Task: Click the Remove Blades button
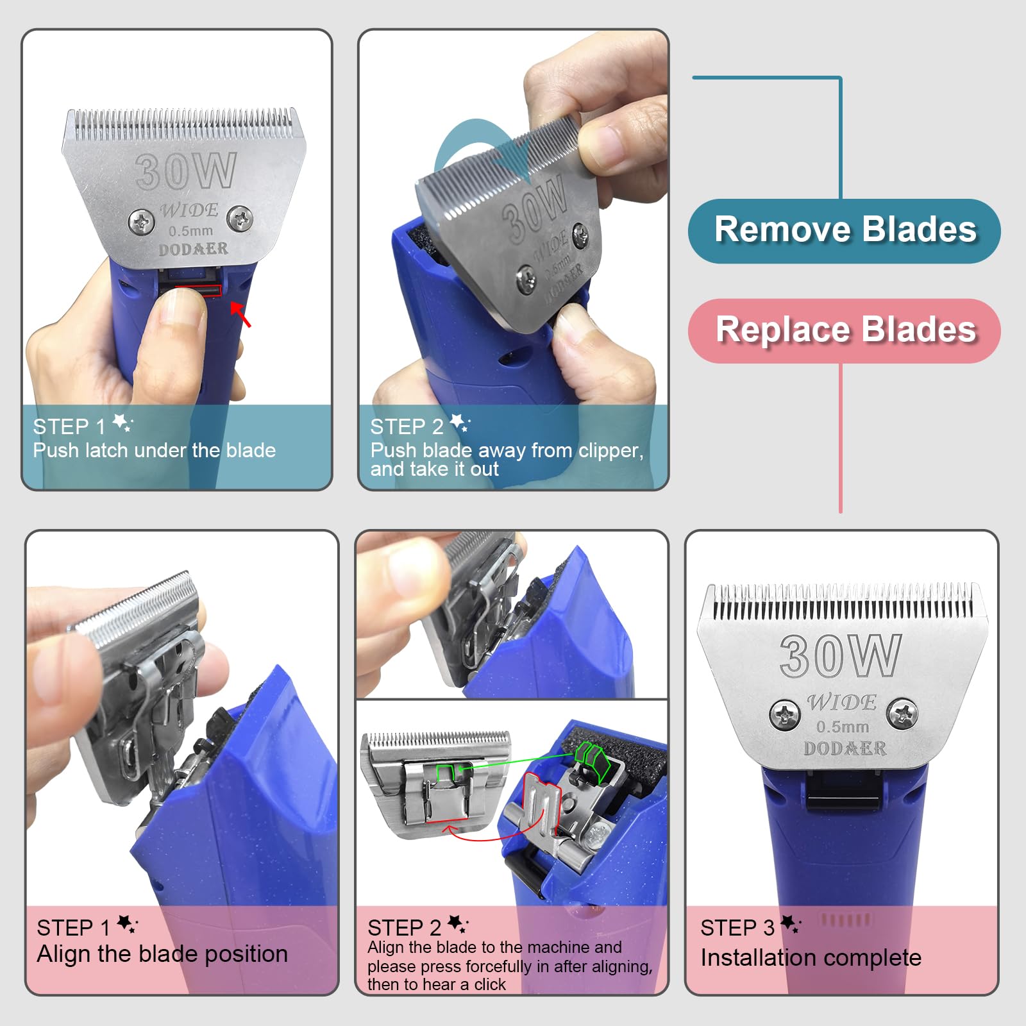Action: [x=844, y=231]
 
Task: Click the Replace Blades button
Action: [x=844, y=330]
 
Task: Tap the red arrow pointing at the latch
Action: [x=241, y=314]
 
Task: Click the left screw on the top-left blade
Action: [x=141, y=222]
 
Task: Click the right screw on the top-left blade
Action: [x=240, y=218]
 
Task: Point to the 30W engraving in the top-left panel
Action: [x=186, y=172]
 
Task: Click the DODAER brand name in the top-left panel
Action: [x=193, y=249]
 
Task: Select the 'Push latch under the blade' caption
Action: [x=154, y=450]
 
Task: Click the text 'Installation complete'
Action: [x=811, y=957]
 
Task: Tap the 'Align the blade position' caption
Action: [x=162, y=954]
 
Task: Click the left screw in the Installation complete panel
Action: [x=784, y=714]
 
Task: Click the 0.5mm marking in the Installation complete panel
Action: [x=843, y=727]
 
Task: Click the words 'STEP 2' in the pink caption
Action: [x=404, y=927]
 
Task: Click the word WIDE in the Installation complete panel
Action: [x=841, y=703]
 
